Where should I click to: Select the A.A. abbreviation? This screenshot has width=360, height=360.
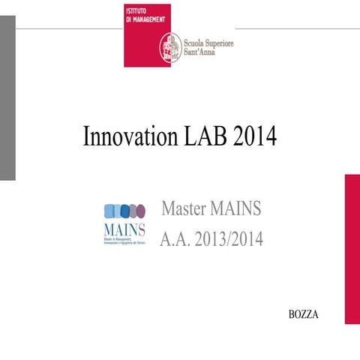(x=173, y=241)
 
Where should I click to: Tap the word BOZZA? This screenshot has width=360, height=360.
(x=304, y=315)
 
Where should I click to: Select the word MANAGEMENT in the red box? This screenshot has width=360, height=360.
(x=151, y=21)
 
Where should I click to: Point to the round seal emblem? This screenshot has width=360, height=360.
(x=169, y=48)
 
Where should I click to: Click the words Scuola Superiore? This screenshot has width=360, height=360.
(x=208, y=43)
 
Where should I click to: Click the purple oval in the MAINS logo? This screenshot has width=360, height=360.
(x=132, y=210)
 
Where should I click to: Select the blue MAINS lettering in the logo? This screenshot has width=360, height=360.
(x=124, y=226)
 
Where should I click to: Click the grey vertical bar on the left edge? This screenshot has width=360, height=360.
(x=7, y=97)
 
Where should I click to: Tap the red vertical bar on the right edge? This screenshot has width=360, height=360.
(x=352, y=248)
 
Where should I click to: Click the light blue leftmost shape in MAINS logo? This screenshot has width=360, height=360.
(x=109, y=210)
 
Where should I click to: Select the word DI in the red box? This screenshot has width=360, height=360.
(x=130, y=21)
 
